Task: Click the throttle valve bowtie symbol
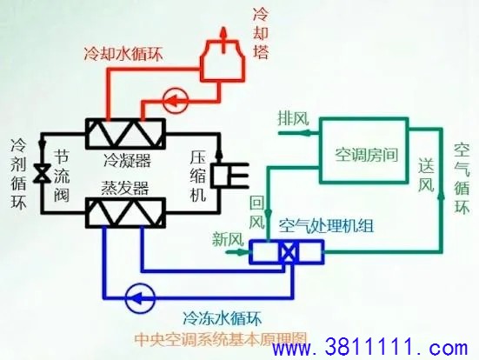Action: tap(42, 173)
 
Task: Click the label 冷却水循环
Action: tap(123, 54)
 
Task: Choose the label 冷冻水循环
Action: tap(222, 318)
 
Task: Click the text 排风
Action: tap(293, 118)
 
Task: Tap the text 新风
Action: tap(228, 239)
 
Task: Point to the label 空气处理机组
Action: tap(326, 226)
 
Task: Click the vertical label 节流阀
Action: tap(62, 176)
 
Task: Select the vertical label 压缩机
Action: tap(197, 176)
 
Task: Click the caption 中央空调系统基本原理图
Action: tap(221, 338)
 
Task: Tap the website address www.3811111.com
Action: tap(370, 347)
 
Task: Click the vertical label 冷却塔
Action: tap(261, 33)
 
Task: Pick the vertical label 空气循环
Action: tap(462, 178)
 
